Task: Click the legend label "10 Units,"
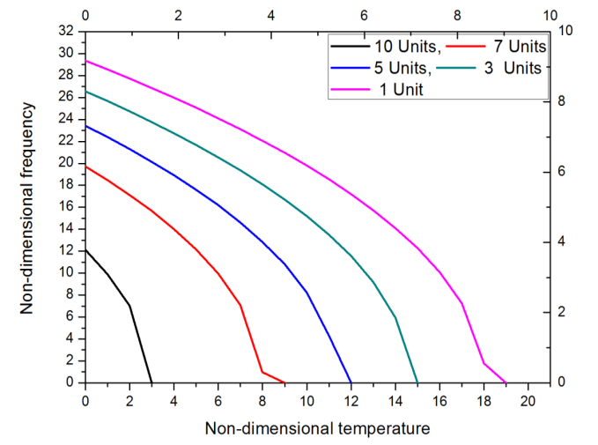(x=401, y=46)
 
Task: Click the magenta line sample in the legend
(x=348, y=89)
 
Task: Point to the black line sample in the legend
(x=348, y=46)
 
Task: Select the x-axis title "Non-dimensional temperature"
(x=318, y=429)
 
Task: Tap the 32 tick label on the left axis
(x=67, y=31)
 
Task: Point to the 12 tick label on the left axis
(x=67, y=250)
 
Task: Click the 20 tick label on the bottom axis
(x=528, y=402)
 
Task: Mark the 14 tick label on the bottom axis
(x=395, y=402)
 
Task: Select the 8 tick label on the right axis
(x=565, y=101)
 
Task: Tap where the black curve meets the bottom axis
(x=151, y=382)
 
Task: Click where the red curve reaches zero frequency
(x=284, y=382)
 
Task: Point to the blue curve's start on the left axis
(x=85, y=125)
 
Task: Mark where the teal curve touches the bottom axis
(x=417, y=382)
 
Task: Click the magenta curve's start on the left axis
(x=85, y=60)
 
